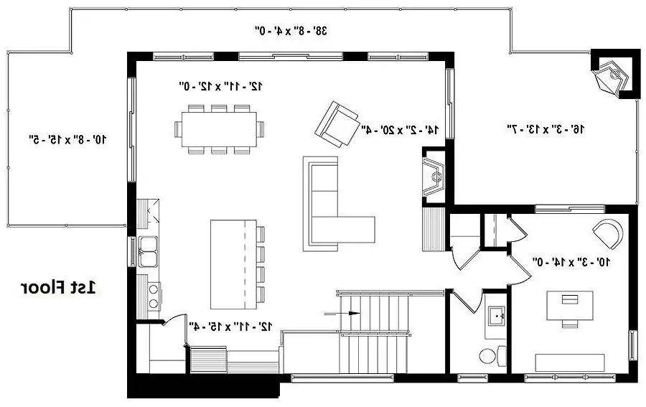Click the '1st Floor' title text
click(x=58, y=288)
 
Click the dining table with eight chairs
click(x=219, y=129)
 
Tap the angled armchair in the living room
click(x=337, y=124)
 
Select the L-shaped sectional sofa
click(x=339, y=204)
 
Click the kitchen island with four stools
click(x=238, y=264)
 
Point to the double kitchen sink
click(x=147, y=251)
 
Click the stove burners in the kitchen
click(x=154, y=296)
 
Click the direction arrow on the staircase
click(x=342, y=313)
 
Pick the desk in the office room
click(x=570, y=305)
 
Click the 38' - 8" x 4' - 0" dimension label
click(x=291, y=30)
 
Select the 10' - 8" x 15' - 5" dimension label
click(x=68, y=139)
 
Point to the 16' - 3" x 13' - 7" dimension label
click(x=545, y=129)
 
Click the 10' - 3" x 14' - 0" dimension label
click(x=571, y=261)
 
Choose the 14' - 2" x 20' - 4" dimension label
click(x=400, y=130)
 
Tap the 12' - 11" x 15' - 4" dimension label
click(x=230, y=327)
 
